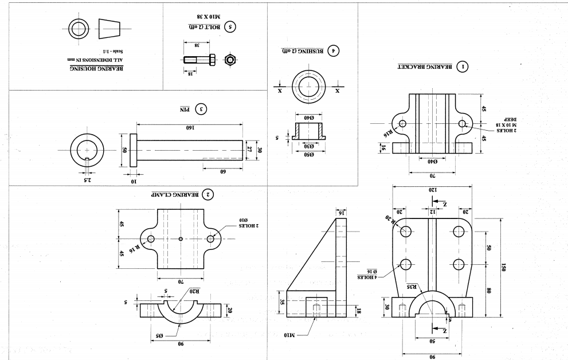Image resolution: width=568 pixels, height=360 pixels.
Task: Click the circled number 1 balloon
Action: tap(461, 66)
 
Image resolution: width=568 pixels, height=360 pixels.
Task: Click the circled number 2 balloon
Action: tap(209, 195)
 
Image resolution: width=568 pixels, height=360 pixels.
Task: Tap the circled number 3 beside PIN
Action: tap(200, 108)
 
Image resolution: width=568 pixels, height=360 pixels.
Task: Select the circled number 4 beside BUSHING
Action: tap(331, 50)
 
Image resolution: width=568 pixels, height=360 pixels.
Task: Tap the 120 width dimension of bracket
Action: tap(433, 189)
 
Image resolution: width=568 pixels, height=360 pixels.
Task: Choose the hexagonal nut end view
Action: tap(230, 59)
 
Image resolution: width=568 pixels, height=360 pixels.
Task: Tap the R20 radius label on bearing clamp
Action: tap(195, 291)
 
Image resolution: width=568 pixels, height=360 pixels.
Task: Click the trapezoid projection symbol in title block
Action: tap(111, 28)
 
